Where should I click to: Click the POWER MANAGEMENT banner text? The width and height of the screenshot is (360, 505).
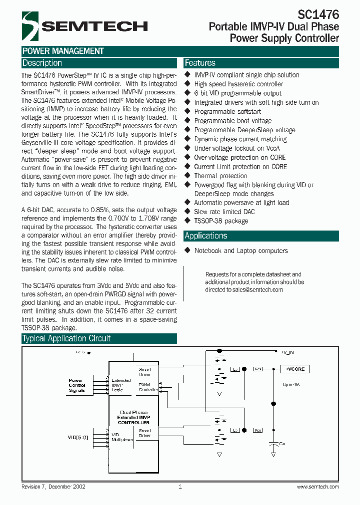click(x=63, y=51)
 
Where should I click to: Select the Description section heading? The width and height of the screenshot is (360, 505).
click(x=42, y=63)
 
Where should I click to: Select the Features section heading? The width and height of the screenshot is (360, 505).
click(x=200, y=63)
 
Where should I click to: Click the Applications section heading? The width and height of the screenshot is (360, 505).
click(x=205, y=236)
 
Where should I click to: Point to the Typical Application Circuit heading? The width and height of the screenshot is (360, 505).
click(x=66, y=338)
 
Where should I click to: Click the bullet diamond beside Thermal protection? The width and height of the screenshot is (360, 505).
click(x=188, y=176)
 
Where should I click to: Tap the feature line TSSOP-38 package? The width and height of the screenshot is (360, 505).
click(x=221, y=221)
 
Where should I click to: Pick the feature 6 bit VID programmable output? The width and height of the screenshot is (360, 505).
click(x=237, y=93)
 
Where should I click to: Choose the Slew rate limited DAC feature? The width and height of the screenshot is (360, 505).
click(x=224, y=212)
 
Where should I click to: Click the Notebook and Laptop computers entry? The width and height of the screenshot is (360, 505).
click(x=241, y=251)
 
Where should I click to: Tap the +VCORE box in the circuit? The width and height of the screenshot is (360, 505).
click(x=295, y=369)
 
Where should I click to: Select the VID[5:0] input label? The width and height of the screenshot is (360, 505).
click(x=78, y=438)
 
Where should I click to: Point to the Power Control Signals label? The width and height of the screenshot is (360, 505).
click(x=77, y=385)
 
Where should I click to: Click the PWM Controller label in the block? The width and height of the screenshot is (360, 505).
click(x=147, y=387)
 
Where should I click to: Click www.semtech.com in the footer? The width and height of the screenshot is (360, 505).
click(x=318, y=487)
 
